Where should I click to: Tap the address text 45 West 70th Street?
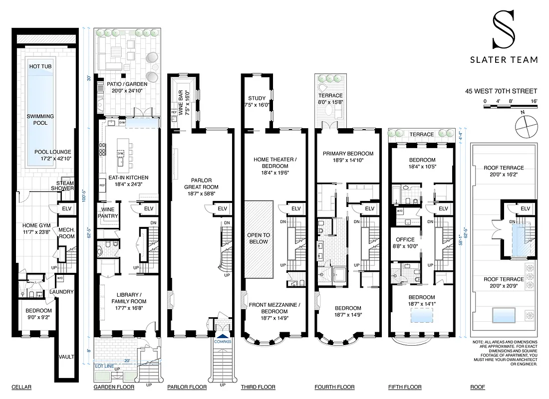click(501, 91)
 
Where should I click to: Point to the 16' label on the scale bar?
click(534, 101)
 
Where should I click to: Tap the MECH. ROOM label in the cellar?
click(66, 233)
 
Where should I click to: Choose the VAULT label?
click(66, 357)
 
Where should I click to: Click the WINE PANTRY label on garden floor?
click(109, 212)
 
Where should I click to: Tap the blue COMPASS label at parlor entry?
click(223, 342)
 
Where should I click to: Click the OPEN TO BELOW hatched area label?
click(259, 238)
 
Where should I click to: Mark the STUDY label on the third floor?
click(257, 98)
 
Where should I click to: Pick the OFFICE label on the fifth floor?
click(405, 239)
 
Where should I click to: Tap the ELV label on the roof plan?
click(525, 208)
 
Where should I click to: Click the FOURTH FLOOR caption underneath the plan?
click(334, 387)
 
